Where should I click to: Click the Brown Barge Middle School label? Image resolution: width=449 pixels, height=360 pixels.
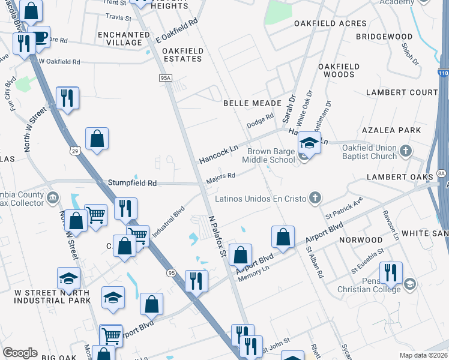point(268,156)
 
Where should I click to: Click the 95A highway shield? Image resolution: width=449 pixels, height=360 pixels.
point(166,78)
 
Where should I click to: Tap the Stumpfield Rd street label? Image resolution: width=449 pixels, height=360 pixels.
point(132,182)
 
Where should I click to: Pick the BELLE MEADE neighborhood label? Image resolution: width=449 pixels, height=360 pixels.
point(252,103)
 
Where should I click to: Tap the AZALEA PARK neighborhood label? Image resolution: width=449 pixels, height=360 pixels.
point(392,130)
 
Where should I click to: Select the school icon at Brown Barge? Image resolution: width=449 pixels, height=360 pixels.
point(309,143)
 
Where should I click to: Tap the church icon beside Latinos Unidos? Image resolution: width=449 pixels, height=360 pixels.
point(314,198)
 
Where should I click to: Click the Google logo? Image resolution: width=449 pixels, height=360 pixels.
point(20,353)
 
